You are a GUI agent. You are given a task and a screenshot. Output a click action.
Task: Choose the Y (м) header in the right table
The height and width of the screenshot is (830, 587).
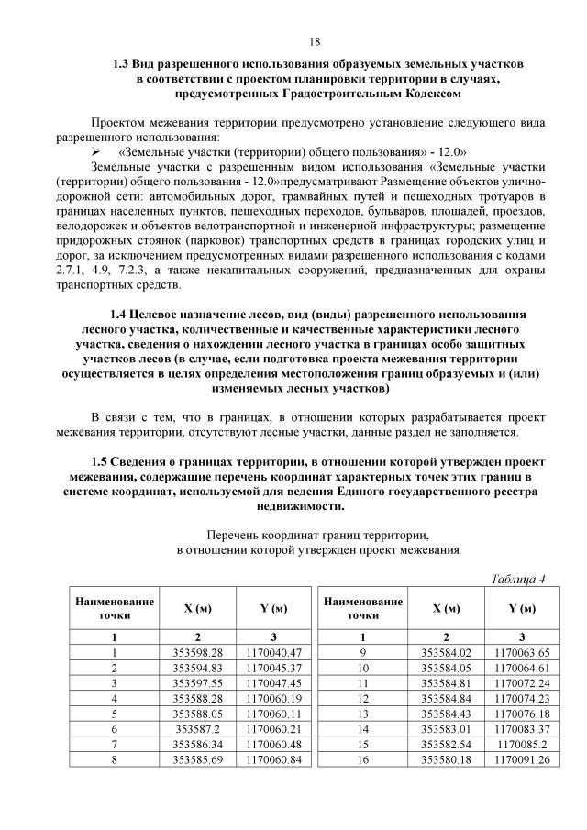click(522, 608)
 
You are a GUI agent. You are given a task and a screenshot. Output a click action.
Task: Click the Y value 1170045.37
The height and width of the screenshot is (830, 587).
click(274, 668)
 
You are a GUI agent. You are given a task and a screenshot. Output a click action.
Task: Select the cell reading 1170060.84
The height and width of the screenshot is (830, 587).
click(274, 759)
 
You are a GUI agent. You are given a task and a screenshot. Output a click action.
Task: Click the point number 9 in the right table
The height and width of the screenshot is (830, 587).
click(362, 652)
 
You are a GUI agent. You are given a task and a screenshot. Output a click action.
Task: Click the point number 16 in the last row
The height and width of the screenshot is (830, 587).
click(362, 759)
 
